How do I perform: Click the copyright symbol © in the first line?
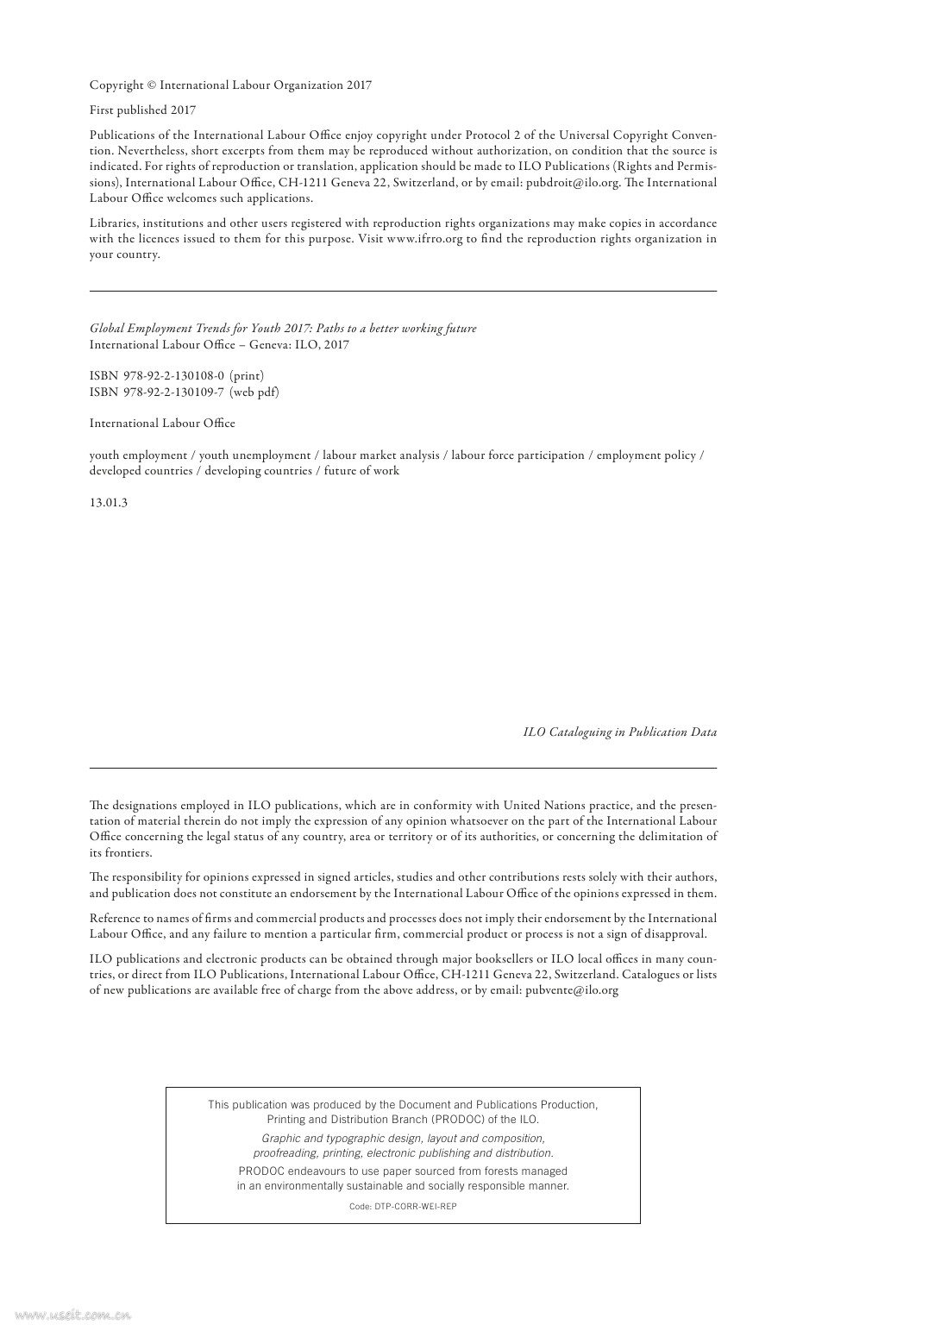point(152,85)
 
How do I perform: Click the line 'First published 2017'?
point(142,110)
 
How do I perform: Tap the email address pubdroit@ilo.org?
point(573,183)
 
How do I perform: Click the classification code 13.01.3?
point(109,503)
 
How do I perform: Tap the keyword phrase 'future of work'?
point(361,471)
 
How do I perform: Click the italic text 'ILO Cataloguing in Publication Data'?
point(619,732)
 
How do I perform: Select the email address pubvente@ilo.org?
point(572,990)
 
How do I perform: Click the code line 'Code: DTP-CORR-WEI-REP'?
point(403,1207)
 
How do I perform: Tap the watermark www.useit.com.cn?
point(72,1315)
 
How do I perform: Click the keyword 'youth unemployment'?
point(254,455)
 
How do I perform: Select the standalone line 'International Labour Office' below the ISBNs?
point(162,424)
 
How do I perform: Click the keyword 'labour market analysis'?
point(380,455)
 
